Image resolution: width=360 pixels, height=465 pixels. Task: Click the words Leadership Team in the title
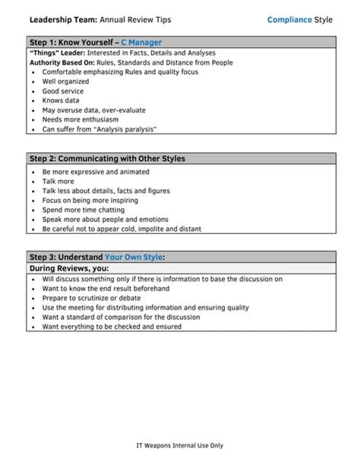coord(60,20)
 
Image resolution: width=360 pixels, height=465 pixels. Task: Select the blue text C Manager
coord(141,43)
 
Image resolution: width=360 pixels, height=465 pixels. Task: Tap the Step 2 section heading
coord(107,159)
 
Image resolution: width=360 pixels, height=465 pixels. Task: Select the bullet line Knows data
coord(60,100)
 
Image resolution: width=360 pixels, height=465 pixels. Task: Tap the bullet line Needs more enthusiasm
coord(77,119)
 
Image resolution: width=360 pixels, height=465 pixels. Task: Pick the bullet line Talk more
coord(58,182)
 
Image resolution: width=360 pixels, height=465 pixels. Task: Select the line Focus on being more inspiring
coord(90,201)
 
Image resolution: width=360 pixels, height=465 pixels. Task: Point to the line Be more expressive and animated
coord(96,172)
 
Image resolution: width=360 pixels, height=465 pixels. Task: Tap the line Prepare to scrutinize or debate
coord(92,299)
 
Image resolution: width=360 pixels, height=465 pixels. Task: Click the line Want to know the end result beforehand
coord(106,289)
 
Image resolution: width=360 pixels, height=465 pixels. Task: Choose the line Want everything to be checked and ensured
coord(112,327)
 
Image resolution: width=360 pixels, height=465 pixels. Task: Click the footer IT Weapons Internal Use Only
coord(180,446)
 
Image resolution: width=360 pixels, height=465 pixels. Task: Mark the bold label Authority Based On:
coord(60,62)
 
